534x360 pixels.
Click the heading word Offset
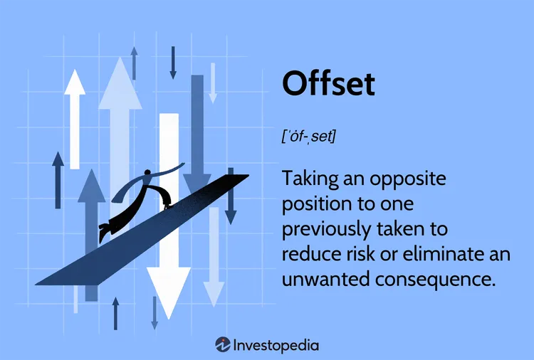(x=328, y=83)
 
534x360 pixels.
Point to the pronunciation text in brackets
(x=308, y=135)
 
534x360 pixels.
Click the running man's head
(x=147, y=173)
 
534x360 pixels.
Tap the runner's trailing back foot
(x=104, y=232)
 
